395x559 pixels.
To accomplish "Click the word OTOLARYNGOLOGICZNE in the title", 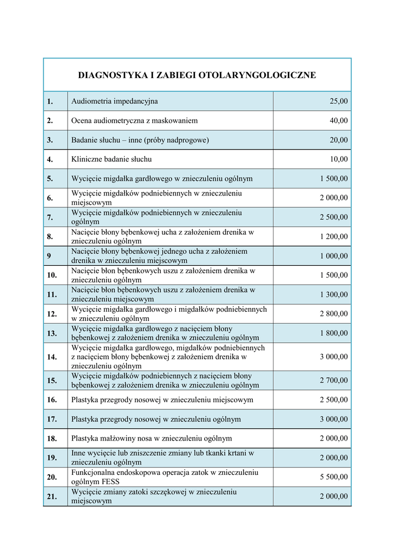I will coord(263,75).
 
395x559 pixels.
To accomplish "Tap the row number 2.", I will coord(50,121).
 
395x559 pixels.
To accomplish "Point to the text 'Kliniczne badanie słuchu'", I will coord(112,159).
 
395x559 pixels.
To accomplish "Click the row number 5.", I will coord(50,179).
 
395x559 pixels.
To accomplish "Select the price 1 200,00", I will coord(333,236).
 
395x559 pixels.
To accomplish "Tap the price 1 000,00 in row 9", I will coord(333,256).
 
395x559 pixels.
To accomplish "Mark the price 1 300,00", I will coord(333,295).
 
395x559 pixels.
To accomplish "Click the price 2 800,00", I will coord(333,314).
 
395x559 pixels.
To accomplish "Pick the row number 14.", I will coord(52,357).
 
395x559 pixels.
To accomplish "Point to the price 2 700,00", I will coord(333,380).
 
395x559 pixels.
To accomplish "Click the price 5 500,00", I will coord(333,477).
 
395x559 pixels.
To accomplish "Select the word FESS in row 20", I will coord(110,482).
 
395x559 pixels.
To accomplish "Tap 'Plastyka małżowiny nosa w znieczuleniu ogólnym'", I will coord(151,438).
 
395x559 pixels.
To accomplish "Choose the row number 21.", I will coord(52,496).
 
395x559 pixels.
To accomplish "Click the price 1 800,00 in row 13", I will coord(333,333).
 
